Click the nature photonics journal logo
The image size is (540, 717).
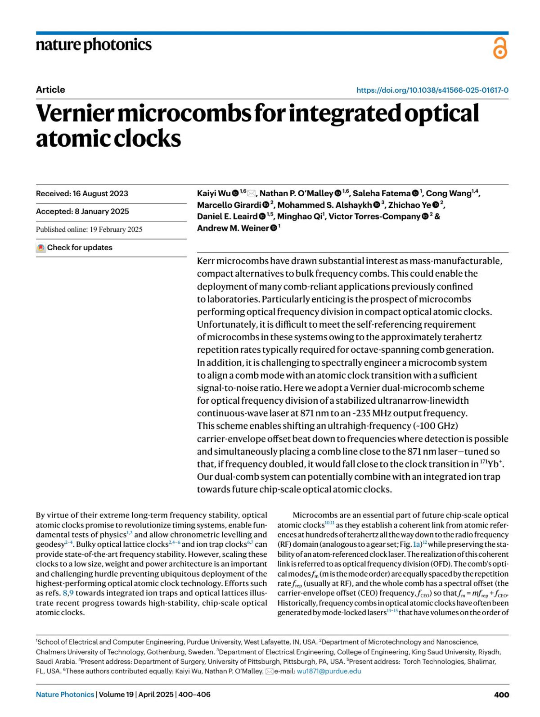[94, 45]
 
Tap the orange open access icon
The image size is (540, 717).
[499, 48]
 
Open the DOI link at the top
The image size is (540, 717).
[432, 90]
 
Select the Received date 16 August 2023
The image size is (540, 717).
[82, 194]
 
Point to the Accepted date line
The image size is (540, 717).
[82, 212]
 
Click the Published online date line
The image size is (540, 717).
[89, 230]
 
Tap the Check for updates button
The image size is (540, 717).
[75, 248]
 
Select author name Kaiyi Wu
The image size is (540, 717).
[213, 194]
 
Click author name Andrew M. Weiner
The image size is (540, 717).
[233, 228]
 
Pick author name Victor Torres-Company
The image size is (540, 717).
[374, 216]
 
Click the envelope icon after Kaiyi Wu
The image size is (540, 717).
[252, 194]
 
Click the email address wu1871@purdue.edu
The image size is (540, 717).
[329, 671]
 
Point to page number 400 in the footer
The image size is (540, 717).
[501, 694]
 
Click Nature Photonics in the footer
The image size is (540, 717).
[65, 694]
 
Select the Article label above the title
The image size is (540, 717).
[50, 90]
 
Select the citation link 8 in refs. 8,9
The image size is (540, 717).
[65, 593]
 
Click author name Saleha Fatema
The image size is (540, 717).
[382, 194]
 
